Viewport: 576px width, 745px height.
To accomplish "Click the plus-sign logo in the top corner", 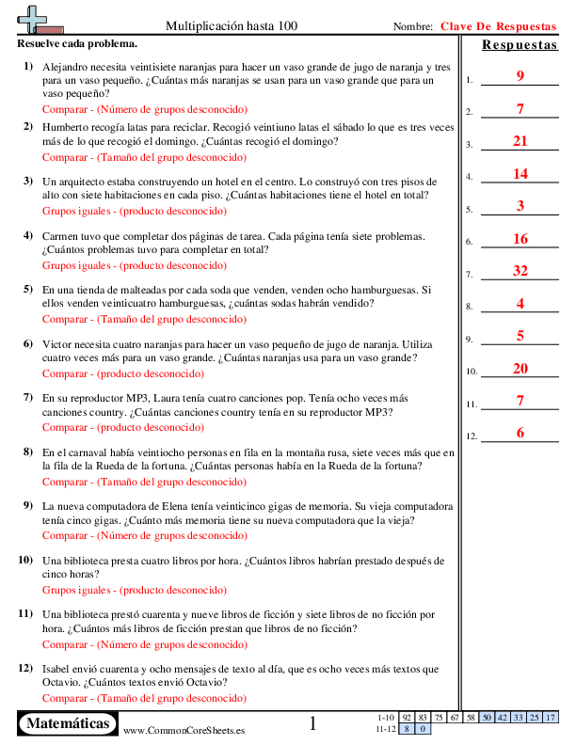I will pos(36,18).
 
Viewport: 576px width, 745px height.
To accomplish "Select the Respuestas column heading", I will pos(519,45).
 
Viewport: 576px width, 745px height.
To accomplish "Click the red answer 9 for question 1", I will pos(520,76).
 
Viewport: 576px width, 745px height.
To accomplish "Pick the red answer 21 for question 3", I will pos(520,141).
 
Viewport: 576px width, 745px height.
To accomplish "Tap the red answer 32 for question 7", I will pos(520,271).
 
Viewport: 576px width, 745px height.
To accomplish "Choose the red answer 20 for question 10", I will pos(520,368).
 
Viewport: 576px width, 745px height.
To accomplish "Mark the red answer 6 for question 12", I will pos(520,433).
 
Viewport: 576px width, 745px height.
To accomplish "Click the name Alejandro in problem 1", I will pos(68,69).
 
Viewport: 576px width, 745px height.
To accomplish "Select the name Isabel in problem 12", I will pos(60,669).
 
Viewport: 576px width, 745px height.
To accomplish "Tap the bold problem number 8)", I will pos(28,452).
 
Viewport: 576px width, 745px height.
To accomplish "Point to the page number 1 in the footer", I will pos(313,723).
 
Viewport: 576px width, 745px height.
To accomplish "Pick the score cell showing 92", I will pos(407,718).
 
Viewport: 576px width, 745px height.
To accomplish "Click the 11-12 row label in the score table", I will pos(385,728).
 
